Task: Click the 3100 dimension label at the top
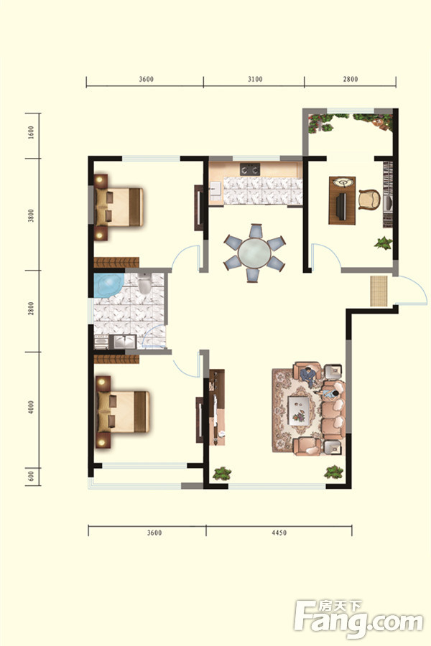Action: click(255, 79)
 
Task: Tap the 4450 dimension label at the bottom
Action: click(279, 533)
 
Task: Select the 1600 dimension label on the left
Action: click(32, 133)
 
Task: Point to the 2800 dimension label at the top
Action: click(350, 79)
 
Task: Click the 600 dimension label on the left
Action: click(32, 477)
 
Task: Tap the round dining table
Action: click(254, 253)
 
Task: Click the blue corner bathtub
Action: click(108, 285)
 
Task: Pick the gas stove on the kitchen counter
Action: click(250, 169)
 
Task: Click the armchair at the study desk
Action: click(369, 200)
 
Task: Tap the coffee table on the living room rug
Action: click(299, 410)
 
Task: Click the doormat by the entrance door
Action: click(379, 291)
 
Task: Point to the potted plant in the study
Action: click(384, 243)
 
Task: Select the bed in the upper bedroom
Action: click(119, 207)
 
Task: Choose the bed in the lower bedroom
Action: click(123, 412)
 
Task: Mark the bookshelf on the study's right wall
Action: click(387, 194)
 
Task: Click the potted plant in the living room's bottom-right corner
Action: click(333, 472)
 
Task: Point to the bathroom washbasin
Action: click(124, 342)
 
